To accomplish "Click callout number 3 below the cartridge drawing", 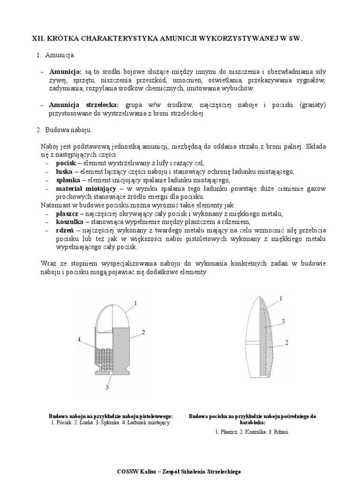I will pos(107,387).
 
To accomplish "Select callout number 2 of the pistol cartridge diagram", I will pos(143,332).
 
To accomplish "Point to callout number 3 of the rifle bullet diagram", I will pos(284,321).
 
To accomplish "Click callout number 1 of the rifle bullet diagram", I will pos(281,298).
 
